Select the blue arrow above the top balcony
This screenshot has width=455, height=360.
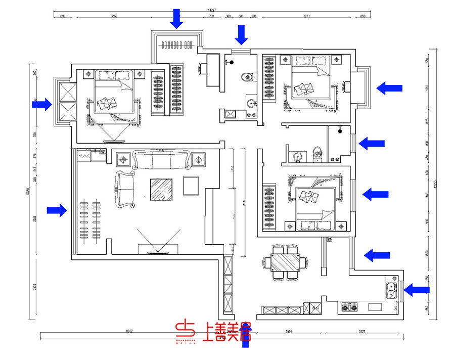coord(176,19)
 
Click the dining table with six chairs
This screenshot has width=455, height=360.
coord(286,262)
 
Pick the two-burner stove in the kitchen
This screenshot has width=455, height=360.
coord(349,307)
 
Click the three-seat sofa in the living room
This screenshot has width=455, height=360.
coord(162,161)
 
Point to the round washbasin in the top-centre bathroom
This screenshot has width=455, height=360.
coord(251,104)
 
